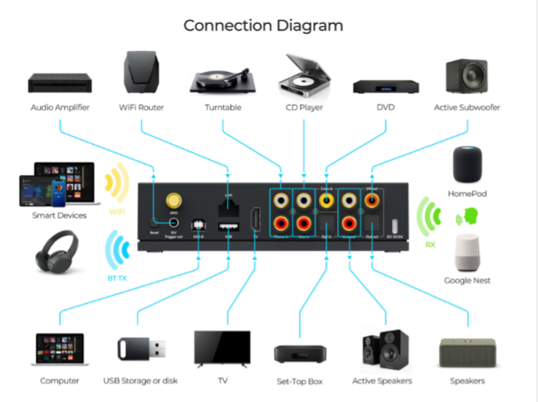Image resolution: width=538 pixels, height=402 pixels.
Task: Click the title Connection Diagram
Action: [263, 25]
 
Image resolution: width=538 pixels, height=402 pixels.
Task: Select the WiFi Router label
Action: [141, 108]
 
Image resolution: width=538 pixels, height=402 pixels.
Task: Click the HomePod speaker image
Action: [467, 165]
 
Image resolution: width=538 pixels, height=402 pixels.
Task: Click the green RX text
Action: [430, 245]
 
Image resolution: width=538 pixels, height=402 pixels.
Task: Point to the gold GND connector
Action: [174, 200]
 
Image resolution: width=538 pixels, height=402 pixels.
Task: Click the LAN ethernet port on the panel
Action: [229, 202]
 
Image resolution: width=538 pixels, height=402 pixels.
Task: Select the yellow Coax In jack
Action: [326, 197]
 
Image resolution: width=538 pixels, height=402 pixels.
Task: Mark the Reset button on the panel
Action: [155, 223]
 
